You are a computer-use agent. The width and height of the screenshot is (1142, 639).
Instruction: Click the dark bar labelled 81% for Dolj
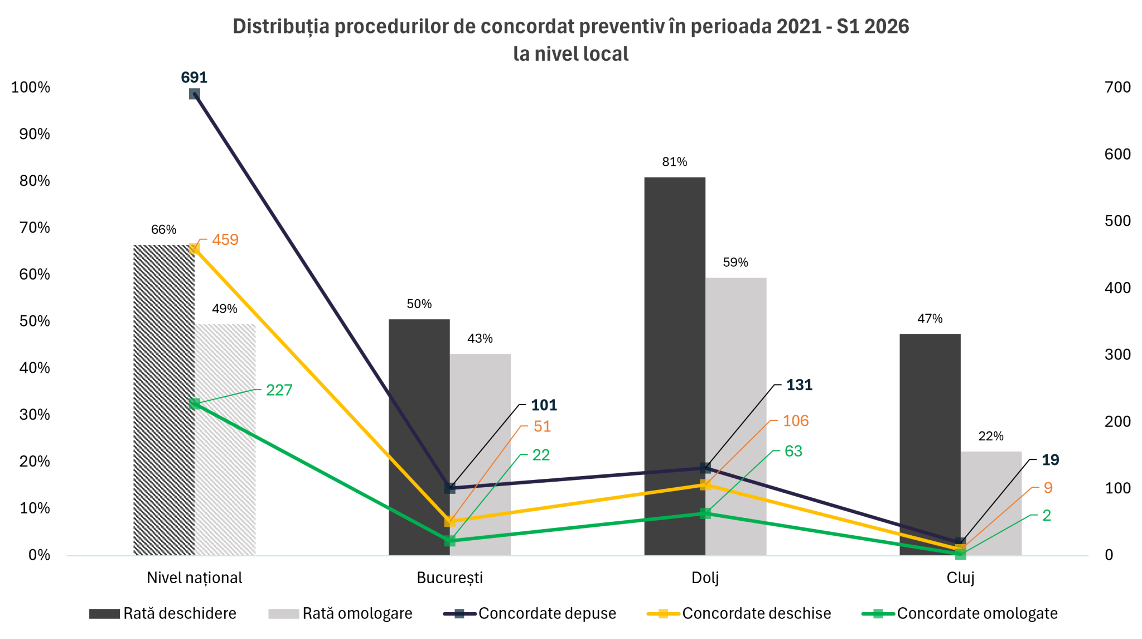675,366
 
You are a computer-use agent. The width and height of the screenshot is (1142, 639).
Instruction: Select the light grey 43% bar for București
480,454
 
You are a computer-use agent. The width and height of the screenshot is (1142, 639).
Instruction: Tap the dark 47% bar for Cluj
930,444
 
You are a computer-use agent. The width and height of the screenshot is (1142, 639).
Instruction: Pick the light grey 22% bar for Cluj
991,503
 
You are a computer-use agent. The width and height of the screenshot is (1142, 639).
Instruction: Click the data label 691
194,78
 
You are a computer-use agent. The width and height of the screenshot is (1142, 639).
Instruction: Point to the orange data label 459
225,240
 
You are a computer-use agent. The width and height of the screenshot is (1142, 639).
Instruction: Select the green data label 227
279,390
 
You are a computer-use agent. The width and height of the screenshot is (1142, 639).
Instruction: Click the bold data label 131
799,385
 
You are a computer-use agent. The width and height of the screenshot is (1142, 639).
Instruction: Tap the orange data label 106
796,421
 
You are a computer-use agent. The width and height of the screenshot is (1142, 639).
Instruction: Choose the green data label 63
793,451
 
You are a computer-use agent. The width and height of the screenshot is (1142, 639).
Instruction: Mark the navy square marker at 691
194,94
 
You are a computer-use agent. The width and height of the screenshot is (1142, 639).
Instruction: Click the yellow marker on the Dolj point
705,484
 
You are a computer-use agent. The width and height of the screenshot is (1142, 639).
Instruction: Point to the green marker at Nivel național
195,403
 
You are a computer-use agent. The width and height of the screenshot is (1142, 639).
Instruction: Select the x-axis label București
450,578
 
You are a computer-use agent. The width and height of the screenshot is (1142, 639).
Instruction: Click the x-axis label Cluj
960,578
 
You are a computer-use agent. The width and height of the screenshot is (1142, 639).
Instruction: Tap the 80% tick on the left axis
35,181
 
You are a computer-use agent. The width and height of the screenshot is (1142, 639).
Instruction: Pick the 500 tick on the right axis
1117,221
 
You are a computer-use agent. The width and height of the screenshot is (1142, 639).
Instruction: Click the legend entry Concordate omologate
960,613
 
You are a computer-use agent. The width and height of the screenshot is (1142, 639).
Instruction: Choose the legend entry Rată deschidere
163,613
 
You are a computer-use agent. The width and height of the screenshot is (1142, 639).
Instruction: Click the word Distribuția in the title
281,27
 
